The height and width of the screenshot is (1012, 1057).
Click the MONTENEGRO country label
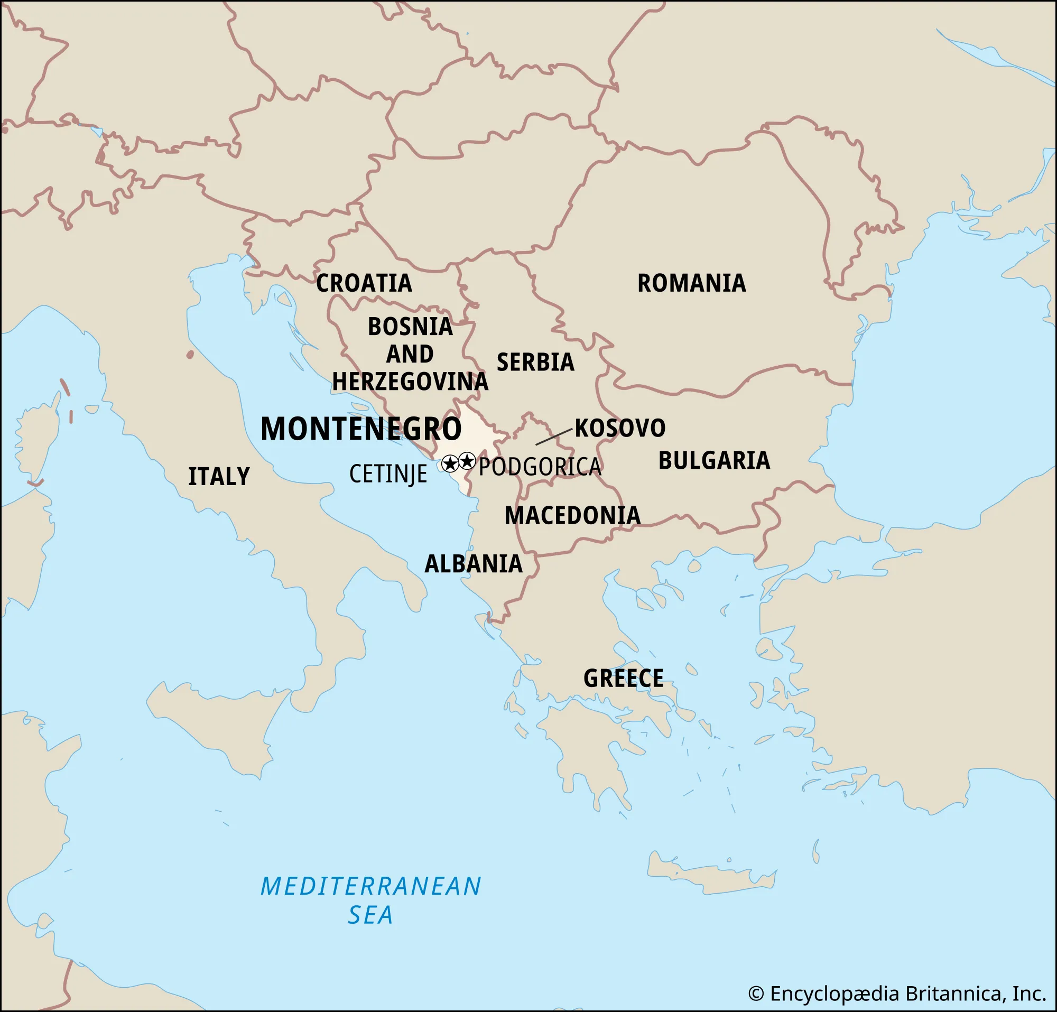click(361, 429)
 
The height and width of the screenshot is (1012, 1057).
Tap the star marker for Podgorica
click(467, 461)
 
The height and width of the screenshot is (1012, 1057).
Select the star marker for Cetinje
click(450, 463)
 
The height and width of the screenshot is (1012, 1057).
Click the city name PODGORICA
click(540, 467)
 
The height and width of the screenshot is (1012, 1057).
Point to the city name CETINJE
click(388, 475)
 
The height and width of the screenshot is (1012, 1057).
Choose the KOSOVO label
click(619, 428)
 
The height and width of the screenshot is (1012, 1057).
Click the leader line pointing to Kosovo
click(553, 437)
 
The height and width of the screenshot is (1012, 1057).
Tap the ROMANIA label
click(691, 284)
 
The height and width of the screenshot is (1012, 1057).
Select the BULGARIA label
click(714, 460)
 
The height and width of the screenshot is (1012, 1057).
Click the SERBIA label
click(535, 363)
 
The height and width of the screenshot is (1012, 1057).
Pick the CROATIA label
click(364, 284)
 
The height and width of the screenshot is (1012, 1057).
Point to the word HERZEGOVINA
click(410, 382)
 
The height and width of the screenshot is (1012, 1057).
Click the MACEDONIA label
click(572, 516)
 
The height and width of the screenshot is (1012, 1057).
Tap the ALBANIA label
click(474, 564)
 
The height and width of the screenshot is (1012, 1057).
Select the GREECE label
click(623, 678)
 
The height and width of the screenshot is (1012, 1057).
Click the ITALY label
click(219, 477)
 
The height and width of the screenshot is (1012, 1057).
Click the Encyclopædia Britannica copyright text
click(897, 993)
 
